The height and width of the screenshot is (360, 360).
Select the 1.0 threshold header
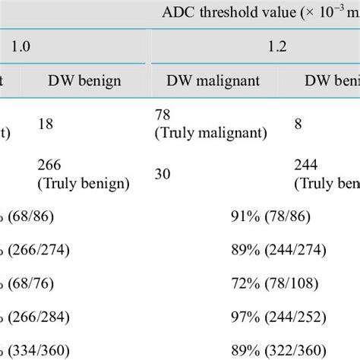(x=25, y=46)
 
